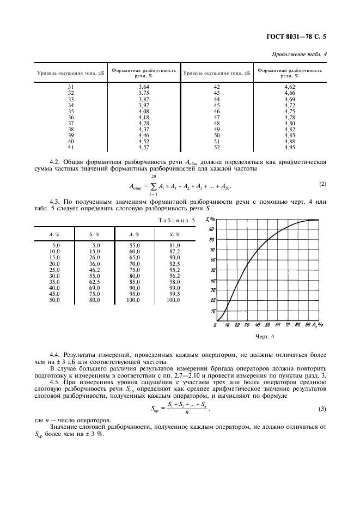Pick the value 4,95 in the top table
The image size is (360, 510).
[289, 148]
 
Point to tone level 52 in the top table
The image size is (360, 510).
[217, 148]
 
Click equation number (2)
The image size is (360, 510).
[323, 184]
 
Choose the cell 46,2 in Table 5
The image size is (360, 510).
[95, 270]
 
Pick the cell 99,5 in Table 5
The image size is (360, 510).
[173, 294]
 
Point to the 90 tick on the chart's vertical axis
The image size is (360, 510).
[212, 229]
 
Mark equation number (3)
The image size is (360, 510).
[323, 409]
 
